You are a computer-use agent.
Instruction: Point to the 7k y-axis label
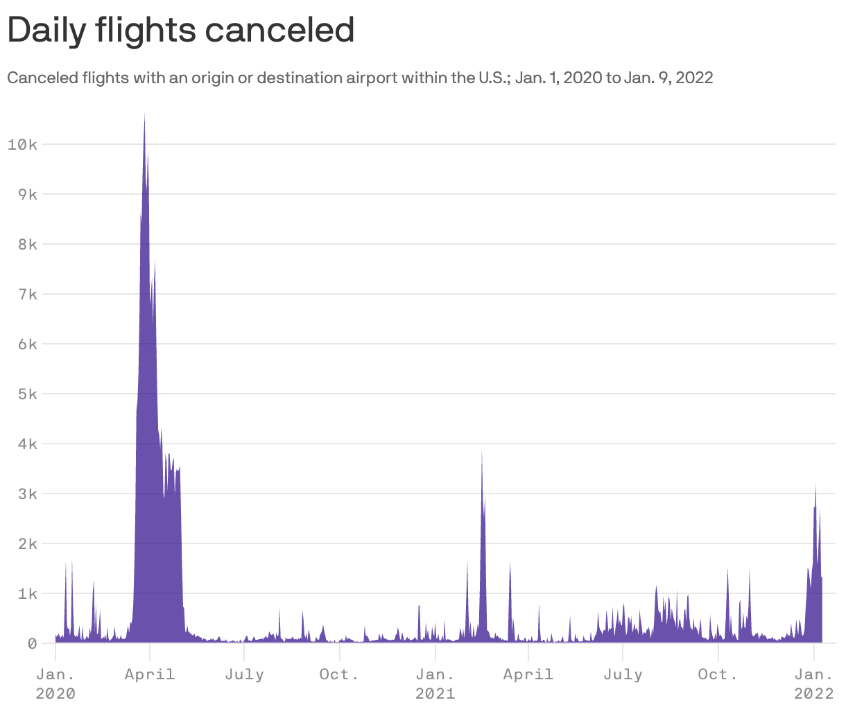pyautogui.click(x=27, y=294)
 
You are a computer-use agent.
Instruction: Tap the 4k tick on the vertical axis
pyautogui.click(x=27, y=444)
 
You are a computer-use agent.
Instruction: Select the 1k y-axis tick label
pyautogui.click(x=27, y=593)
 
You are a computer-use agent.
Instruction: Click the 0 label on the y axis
pyautogui.click(x=32, y=643)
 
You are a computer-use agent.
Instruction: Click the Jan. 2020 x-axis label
pyautogui.click(x=55, y=683)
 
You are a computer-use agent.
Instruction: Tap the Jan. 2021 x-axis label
pyautogui.click(x=435, y=683)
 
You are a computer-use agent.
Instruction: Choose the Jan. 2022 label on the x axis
pyautogui.click(x=813, y=683)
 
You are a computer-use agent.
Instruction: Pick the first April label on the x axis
pyautogui.click(x=149, y=674)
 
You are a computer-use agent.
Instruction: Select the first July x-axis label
pyautogui.click(x=244, y=674)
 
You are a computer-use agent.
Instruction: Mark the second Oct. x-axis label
pyautogui.click(x=718, y=674)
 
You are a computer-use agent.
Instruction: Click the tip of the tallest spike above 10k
pyautogui.click(x=144, y=114)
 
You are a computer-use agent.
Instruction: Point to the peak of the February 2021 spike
pyautogui.click(x=482, y=452)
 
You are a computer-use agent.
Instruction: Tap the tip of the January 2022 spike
pyautogui.click(x=815, y=485)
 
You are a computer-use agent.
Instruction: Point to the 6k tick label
pyautogui.click(x=27, y=344)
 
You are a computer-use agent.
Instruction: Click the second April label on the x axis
pyautogui.click(x=528, y=674)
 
